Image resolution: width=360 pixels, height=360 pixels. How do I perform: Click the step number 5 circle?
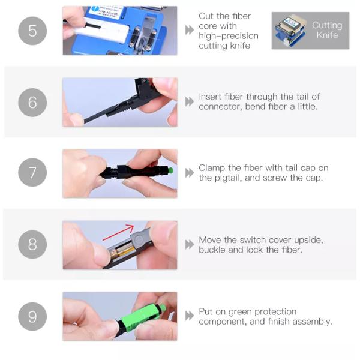32,31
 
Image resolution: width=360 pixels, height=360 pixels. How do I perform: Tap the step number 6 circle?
32,102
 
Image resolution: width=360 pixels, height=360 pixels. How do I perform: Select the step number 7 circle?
32,173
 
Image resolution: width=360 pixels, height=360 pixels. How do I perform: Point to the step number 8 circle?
32,244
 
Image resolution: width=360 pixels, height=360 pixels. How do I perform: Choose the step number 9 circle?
32,316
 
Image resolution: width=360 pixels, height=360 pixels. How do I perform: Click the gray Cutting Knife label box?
310,31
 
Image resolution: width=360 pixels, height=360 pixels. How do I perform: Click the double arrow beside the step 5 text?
190,31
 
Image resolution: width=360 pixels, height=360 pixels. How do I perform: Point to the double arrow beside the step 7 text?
190,173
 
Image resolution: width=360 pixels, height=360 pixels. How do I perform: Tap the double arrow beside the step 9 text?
190,316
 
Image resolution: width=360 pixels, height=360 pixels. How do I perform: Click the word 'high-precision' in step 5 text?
229,36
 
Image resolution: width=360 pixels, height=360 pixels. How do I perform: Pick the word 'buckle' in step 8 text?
214,250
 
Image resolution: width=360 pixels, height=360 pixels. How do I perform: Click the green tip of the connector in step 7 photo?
172,170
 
